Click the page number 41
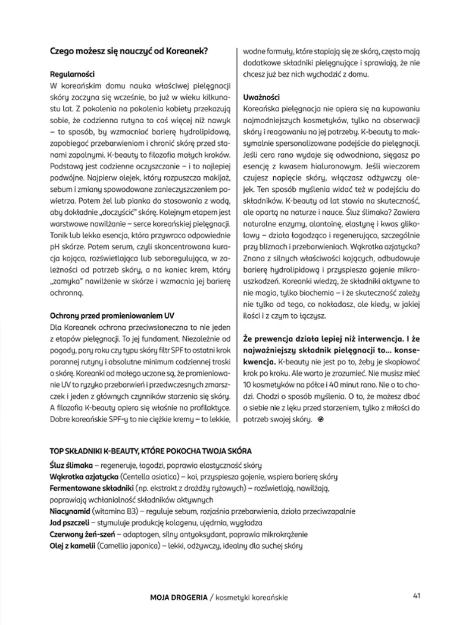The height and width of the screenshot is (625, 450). click(x=417, y=594)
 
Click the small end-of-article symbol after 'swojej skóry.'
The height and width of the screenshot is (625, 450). click(x=321, y=418)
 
